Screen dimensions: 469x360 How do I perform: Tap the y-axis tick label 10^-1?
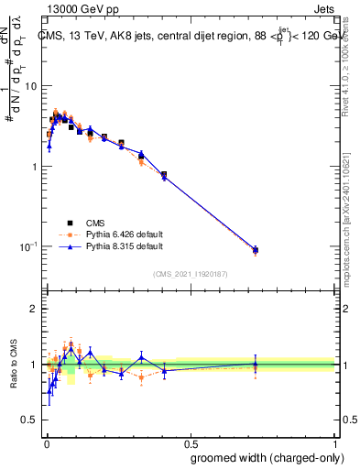(29, 247)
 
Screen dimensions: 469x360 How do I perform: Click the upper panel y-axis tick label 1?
(36, 167)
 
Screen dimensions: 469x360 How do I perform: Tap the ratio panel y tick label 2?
(36, 310)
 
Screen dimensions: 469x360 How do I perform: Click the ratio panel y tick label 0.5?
(30, 420)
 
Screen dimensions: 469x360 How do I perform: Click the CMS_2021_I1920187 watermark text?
(191, 273)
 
